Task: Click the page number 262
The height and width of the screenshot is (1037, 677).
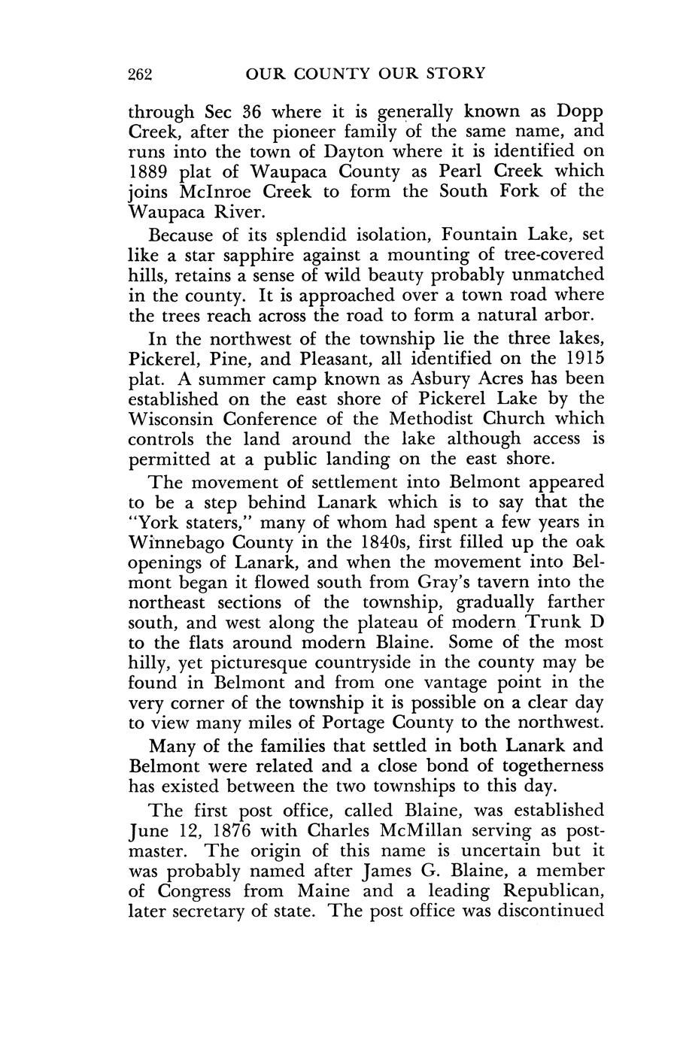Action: tap(141, 74)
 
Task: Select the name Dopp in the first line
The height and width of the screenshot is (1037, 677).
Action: tap(580, 112)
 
